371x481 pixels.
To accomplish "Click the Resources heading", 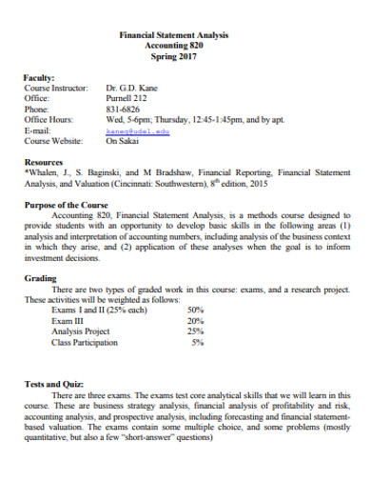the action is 44,163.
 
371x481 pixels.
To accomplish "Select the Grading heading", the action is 40,278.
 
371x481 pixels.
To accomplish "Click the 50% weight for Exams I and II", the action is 195,310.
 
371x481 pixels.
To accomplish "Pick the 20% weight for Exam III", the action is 195,320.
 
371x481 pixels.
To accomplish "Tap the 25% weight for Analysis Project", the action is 195,331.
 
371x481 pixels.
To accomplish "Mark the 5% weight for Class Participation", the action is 197,341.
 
